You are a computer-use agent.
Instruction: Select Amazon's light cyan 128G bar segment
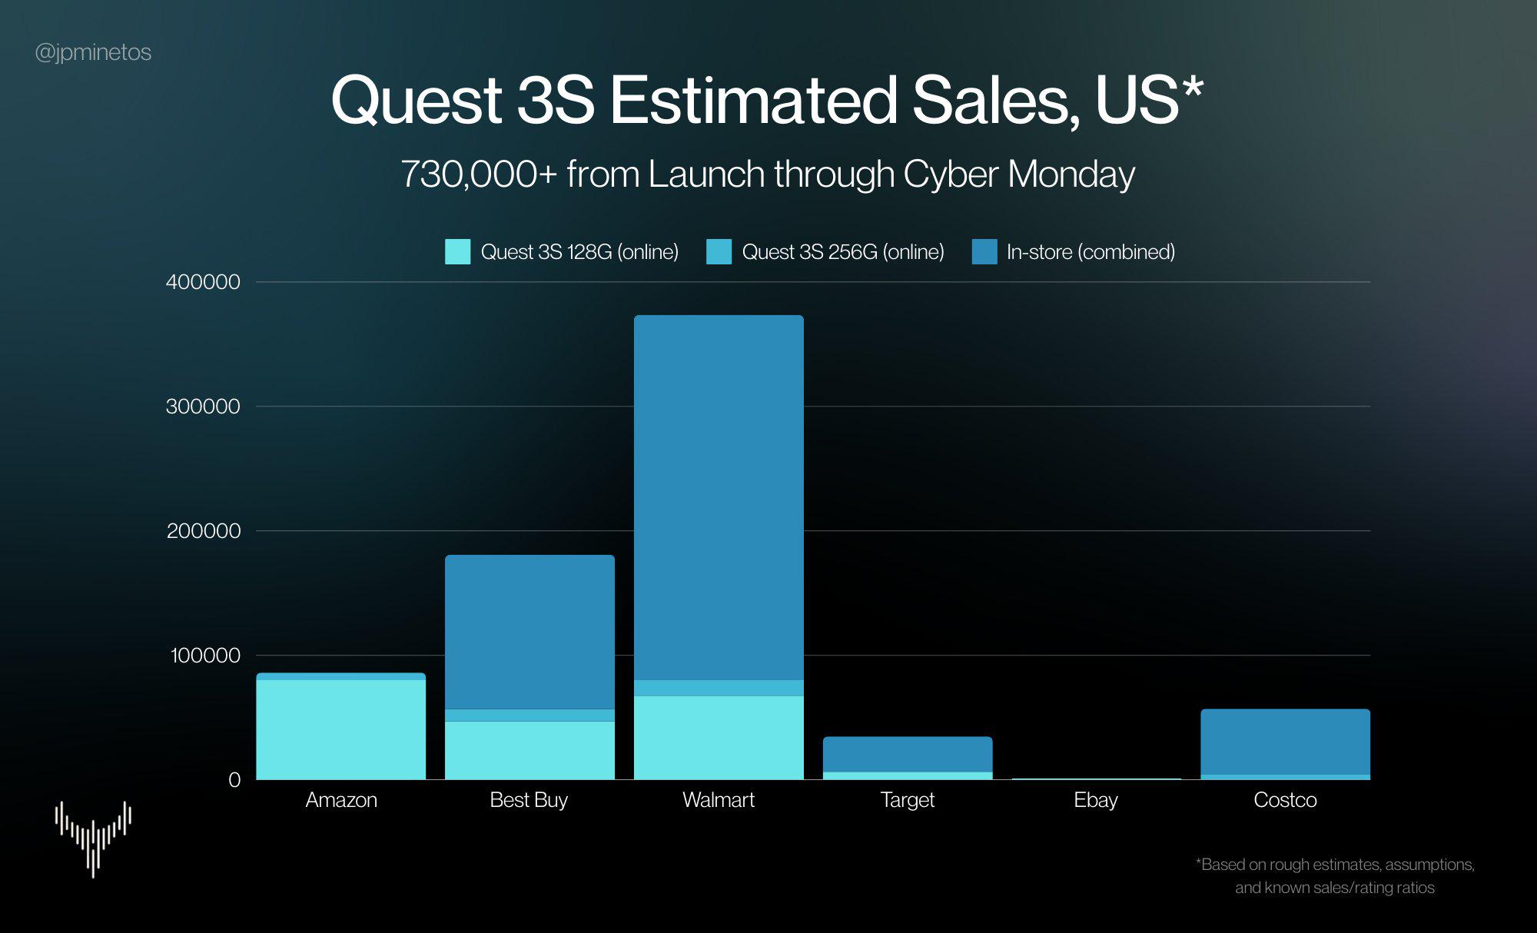pyautogui.click(x=340, y=729)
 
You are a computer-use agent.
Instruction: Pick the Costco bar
pyautogui.click(x=1285, y=742)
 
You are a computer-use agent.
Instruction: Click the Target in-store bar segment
pyautogui.click(x=908, y=754)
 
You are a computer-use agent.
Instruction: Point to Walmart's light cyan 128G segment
pyautogui.click(x=719, y=738)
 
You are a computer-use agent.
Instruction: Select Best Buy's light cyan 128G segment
pyautogui.click(x=529, y=750)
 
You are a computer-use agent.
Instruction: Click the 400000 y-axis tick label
pyautogui.click(x=203, y=282)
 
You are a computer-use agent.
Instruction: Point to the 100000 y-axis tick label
pyautogui.click(x=205, y=656)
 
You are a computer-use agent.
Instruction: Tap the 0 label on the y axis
pyautogui.click(x=234, y=780)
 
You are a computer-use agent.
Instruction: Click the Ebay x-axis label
pyautogui.click(x=1095, y=800)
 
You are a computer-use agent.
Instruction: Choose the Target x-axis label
pyautogui.click(x=907, y=800)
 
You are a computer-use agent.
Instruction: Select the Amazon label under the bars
pyautogui.click(x=341, y=800)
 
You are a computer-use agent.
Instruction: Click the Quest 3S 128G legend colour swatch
pyautogui.click(x=457, y=252)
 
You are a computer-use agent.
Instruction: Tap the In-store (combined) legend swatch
pyautogui.click(x=984, y=252)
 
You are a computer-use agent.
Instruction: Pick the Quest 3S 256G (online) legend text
pyautogui.click(x=842, y=252)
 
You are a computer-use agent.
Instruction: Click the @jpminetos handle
pyautogui.click(x=93, y=52)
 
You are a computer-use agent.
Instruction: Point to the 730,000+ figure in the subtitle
pyautogui.click(x=478, y=174)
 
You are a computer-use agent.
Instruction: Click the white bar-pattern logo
pyautogui.click(x=93, y=838)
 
